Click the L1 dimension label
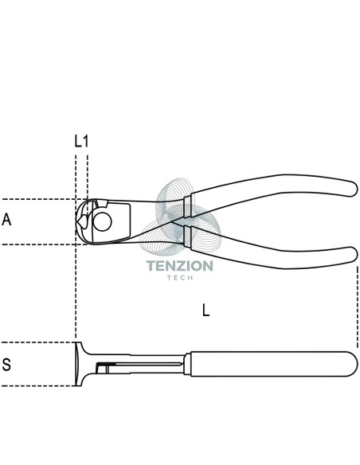tap(81, 141)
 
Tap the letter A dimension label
tap(6, 220)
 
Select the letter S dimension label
tap(6, 365)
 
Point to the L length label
tap(205, 311)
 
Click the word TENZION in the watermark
tap(180, 266)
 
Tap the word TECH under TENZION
tap(180, 278)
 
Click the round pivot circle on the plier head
tap(102, 221)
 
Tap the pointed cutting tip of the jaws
tap(76, 222)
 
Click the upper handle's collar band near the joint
tap(187, 207)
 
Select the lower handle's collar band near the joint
tap(187, 236)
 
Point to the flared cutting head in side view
tap(80, 364)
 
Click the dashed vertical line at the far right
tap(358, 307)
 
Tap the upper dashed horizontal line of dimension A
tap(44, 199)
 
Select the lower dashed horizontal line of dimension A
tap(44, 244)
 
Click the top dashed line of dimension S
tap(37, 342)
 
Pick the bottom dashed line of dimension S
tap(37, 386)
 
